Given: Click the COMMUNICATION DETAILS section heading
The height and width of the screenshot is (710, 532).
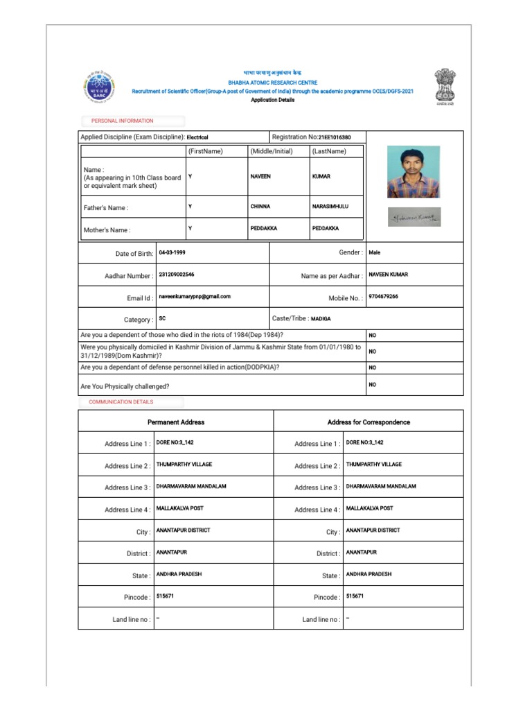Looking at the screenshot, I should [x=121, y=402].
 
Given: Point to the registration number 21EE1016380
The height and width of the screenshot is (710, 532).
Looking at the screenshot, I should [x=335, y=137].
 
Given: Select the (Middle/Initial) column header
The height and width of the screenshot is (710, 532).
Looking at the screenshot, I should [x=272, y=151].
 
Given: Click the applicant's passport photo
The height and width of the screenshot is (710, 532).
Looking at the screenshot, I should [x=414, y=171].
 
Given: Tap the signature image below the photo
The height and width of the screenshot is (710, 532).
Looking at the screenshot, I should [x=414, y=217].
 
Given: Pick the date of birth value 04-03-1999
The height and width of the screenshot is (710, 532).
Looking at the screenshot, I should [x=173, y=252].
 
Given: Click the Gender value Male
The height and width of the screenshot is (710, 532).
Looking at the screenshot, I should [x=375, y=252].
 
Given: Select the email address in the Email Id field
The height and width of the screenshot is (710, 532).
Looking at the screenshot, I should [x=195, y=296].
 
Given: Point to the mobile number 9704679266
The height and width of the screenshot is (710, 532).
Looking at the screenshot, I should [x=384, y=296].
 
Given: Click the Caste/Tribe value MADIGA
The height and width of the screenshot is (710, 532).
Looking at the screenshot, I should [x=321, y=318].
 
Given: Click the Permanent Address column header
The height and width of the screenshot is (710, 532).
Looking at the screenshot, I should [x=176, y=422].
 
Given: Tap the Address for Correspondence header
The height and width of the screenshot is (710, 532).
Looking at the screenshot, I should [x=369, y=422].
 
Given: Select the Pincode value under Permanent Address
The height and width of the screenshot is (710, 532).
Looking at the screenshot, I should [x=166, y=596].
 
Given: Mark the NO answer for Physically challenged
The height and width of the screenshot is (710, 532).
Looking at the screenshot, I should [x=372, y=384].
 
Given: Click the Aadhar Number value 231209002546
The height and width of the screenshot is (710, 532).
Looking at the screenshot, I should [x=177, y=275].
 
